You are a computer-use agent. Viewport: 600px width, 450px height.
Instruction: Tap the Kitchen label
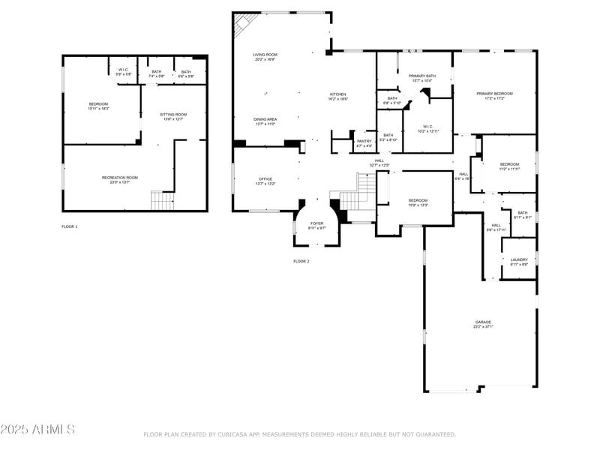pyautogui.click(x=338, y=94)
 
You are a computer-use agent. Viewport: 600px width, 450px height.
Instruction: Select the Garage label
pyautogui.click(x=482, y=322)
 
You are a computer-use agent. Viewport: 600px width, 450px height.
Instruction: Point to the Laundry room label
pyautogui.click(x=519, y=260)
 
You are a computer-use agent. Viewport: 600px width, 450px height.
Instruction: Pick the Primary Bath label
pyautogui.click(x=422, y=76)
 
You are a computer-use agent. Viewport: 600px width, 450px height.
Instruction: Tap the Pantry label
pyautogui.click(x=364, y=141)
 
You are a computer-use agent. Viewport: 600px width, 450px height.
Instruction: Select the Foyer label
pyautogui.click(x=317, y=223)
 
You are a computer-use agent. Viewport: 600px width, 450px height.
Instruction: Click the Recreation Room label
pyautogui.click(x=120, y=178)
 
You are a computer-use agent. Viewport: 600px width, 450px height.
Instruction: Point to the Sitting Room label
pyautogui.click(x=173, y=115)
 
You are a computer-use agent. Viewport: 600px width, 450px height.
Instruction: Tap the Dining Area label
pyautogui.click(x=265, y=119)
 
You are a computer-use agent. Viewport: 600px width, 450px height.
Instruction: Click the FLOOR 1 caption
pyautogui.click(x=70, y=226)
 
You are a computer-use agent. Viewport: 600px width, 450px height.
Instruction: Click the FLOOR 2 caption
pyautogui.click(x=301, y=261)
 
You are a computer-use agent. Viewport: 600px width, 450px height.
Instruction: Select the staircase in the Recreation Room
pyautogui.click(x=162, y=201)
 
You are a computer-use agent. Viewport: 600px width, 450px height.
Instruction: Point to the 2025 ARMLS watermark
pyautogui.click(x=37, y=430)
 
